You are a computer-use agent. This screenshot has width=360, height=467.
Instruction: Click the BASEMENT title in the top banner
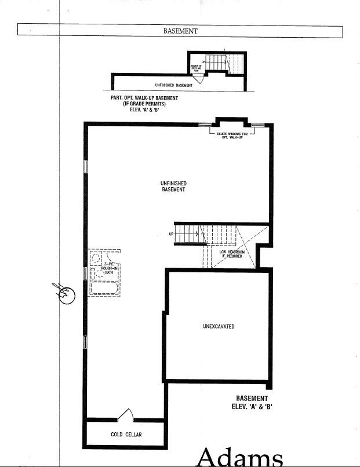click(x=180, y=31)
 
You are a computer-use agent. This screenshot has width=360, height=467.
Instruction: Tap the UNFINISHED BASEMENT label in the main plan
click(x=173, y=187)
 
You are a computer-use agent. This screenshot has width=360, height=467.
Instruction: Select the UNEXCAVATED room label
click(x=219, y=327)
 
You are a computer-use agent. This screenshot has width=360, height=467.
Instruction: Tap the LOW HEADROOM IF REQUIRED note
click(x=231, y=254)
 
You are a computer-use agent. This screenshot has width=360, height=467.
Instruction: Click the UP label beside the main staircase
click(x=172, y=234)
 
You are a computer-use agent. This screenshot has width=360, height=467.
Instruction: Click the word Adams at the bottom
click(x=240, y=458)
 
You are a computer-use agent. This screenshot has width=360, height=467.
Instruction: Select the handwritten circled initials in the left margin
click(x=66, y=293)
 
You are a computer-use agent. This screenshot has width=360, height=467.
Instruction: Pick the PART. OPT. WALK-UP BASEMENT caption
click(x=144, y=98)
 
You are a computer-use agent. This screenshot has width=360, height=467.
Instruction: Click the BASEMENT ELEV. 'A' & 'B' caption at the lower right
click(x=252, y=402)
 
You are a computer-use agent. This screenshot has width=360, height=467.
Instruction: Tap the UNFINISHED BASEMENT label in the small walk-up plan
click(x=174, y=85)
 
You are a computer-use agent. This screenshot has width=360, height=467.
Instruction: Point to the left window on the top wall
click(x=203, y=125)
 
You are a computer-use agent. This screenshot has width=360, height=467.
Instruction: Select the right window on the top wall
click(x=258, y=125)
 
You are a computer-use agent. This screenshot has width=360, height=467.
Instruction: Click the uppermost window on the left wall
click(x=86, y=166)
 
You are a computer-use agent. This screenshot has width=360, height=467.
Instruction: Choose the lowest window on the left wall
click(x=86, y=342)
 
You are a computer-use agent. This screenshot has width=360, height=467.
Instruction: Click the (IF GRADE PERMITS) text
click(x=144, y=104)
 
